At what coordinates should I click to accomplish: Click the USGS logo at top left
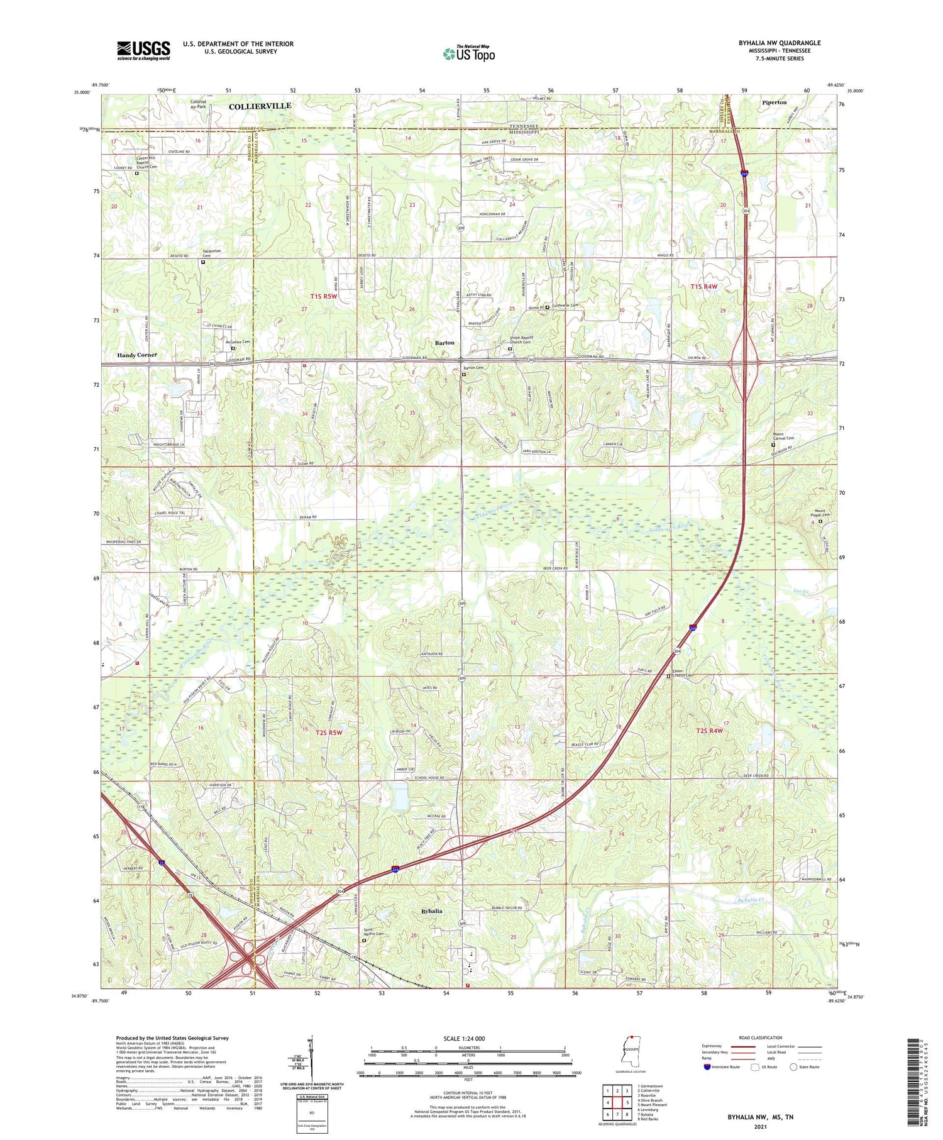tap(143, 50)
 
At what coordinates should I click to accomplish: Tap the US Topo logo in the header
tap(468, 53)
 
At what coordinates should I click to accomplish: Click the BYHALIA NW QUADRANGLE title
tap(780, 43)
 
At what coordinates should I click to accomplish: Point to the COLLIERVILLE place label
tap(260, 106)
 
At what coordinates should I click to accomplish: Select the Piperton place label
tap(774, 102)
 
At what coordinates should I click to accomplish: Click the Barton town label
tap(444, 343)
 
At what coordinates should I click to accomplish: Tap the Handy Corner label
tap(136, 355)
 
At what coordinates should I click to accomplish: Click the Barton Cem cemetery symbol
tap(464, 375)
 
